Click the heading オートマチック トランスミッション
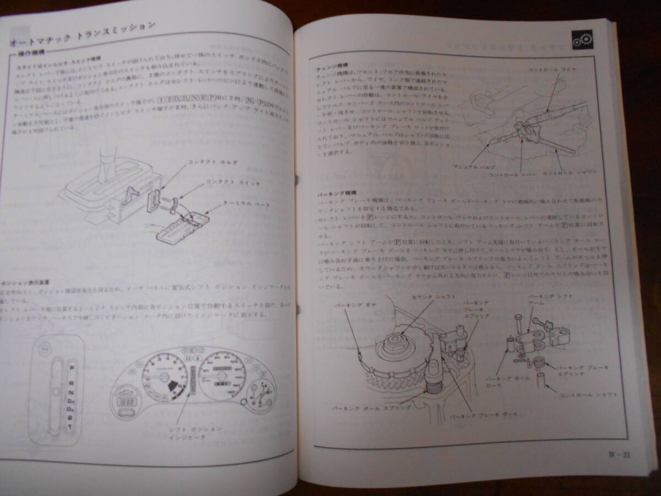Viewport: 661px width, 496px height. (x=83, y=35)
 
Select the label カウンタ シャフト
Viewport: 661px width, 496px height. (x=434, y=297)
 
